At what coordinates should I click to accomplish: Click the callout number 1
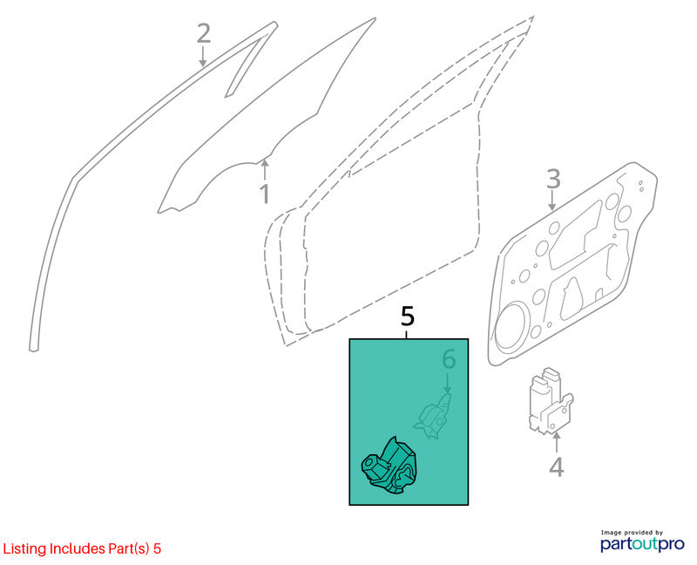point(265,194)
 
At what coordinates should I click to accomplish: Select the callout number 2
point(204,34)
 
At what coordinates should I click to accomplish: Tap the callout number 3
point(553,180)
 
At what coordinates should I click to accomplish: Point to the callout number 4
point(557,466)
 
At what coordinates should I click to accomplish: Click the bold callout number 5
point(407,317)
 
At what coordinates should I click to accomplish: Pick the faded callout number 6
point(449,359)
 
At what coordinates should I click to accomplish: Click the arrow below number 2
point(203,57)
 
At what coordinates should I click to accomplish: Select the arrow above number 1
point(265,171)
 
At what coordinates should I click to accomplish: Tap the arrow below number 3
point(552,201)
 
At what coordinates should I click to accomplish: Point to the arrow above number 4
point(556,443)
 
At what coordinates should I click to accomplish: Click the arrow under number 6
point(448,383)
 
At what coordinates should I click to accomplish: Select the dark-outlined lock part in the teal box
point(389,466)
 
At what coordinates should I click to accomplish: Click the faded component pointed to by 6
point(433,416)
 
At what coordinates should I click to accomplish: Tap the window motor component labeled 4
point(550,401)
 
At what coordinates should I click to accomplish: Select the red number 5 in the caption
point(157,549)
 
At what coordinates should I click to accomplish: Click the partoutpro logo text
point(642,544)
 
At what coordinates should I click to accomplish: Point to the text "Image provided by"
point(632,533)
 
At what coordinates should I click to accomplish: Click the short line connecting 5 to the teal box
point(407,334)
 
